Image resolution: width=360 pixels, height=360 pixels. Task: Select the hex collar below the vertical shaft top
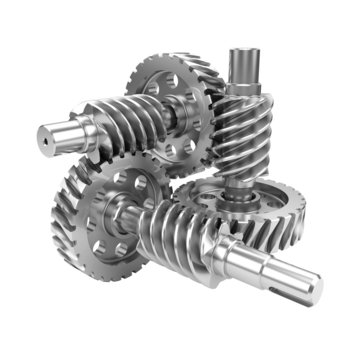point(243,88)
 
